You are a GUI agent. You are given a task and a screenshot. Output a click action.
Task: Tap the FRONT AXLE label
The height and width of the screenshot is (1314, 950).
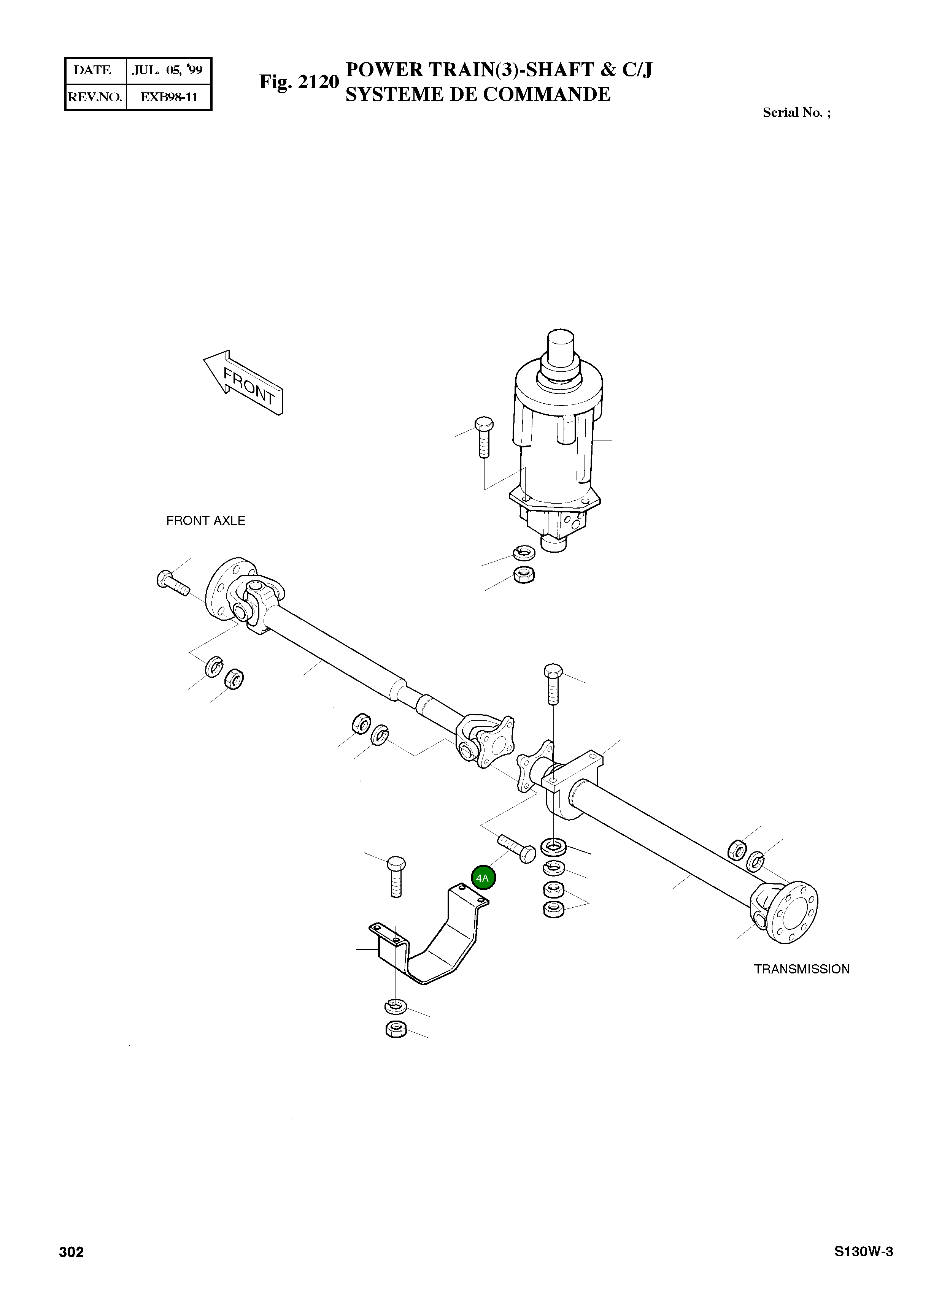coord(206,521)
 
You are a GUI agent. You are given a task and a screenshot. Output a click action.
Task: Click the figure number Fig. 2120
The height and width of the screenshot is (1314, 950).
coord(299,82)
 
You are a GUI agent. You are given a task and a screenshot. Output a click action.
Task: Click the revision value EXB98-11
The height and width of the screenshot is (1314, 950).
coord(169,97)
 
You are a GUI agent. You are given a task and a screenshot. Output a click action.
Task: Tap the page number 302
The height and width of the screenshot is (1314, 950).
coord(71,1252)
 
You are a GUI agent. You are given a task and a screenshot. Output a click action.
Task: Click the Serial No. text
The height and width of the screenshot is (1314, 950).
coord(796,113)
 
